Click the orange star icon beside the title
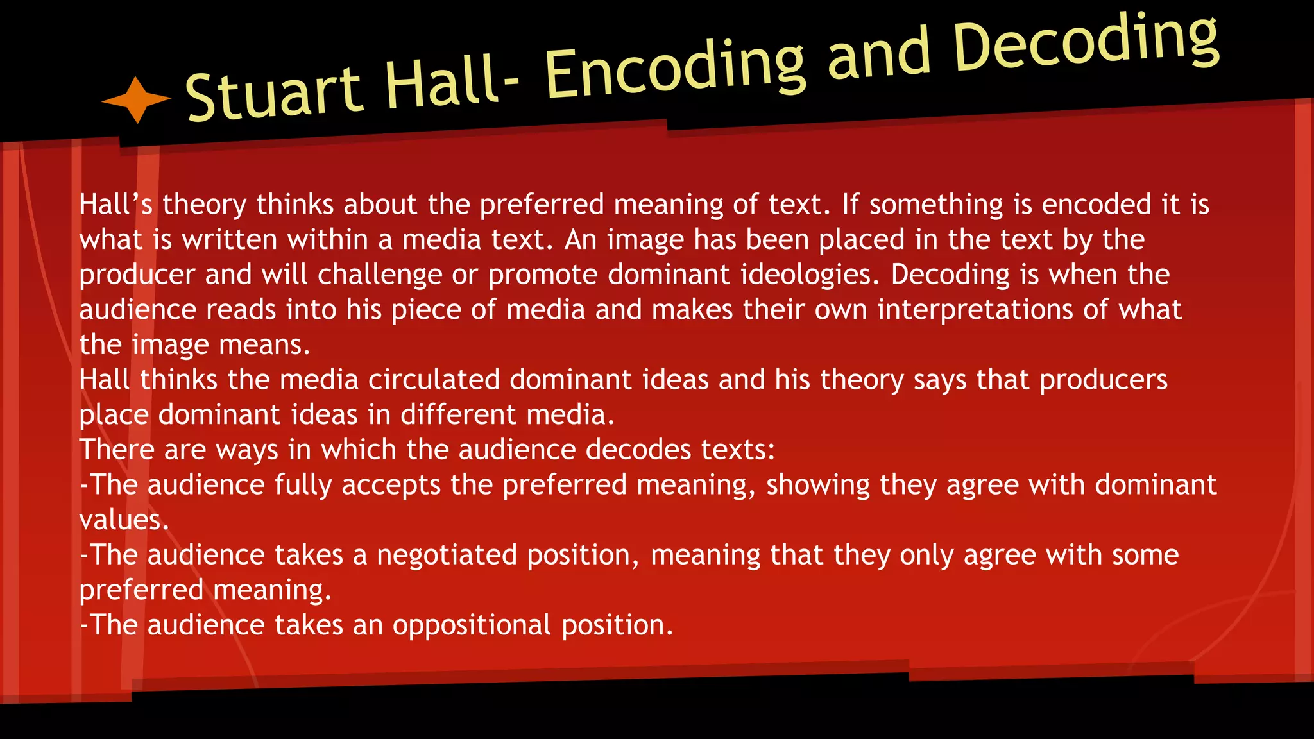[136, 99]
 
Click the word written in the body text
[230, 240]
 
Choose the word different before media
[450, 415]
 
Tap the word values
[124, 520]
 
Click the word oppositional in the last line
[472, 625]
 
